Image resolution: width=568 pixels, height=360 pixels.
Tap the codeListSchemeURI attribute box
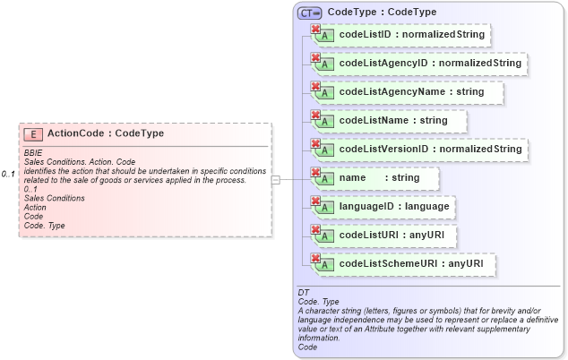click(403, 265)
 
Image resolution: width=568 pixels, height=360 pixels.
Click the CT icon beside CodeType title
click(310, 13)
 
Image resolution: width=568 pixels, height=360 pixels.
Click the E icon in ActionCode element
click(33, 134)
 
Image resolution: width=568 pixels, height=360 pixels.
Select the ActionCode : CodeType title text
click(106, 133)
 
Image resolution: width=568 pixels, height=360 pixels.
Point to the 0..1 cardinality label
click(8, 174)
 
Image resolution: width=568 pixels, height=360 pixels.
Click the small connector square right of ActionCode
click(276, 180)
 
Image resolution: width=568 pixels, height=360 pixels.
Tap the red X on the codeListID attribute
click(315, 30)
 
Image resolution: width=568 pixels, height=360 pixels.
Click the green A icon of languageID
click(327, 209)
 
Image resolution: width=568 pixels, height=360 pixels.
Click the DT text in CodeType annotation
click(303, 293)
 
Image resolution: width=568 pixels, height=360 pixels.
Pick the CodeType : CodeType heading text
click(383, 13)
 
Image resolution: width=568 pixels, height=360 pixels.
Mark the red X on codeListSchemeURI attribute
click(315, 259)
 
